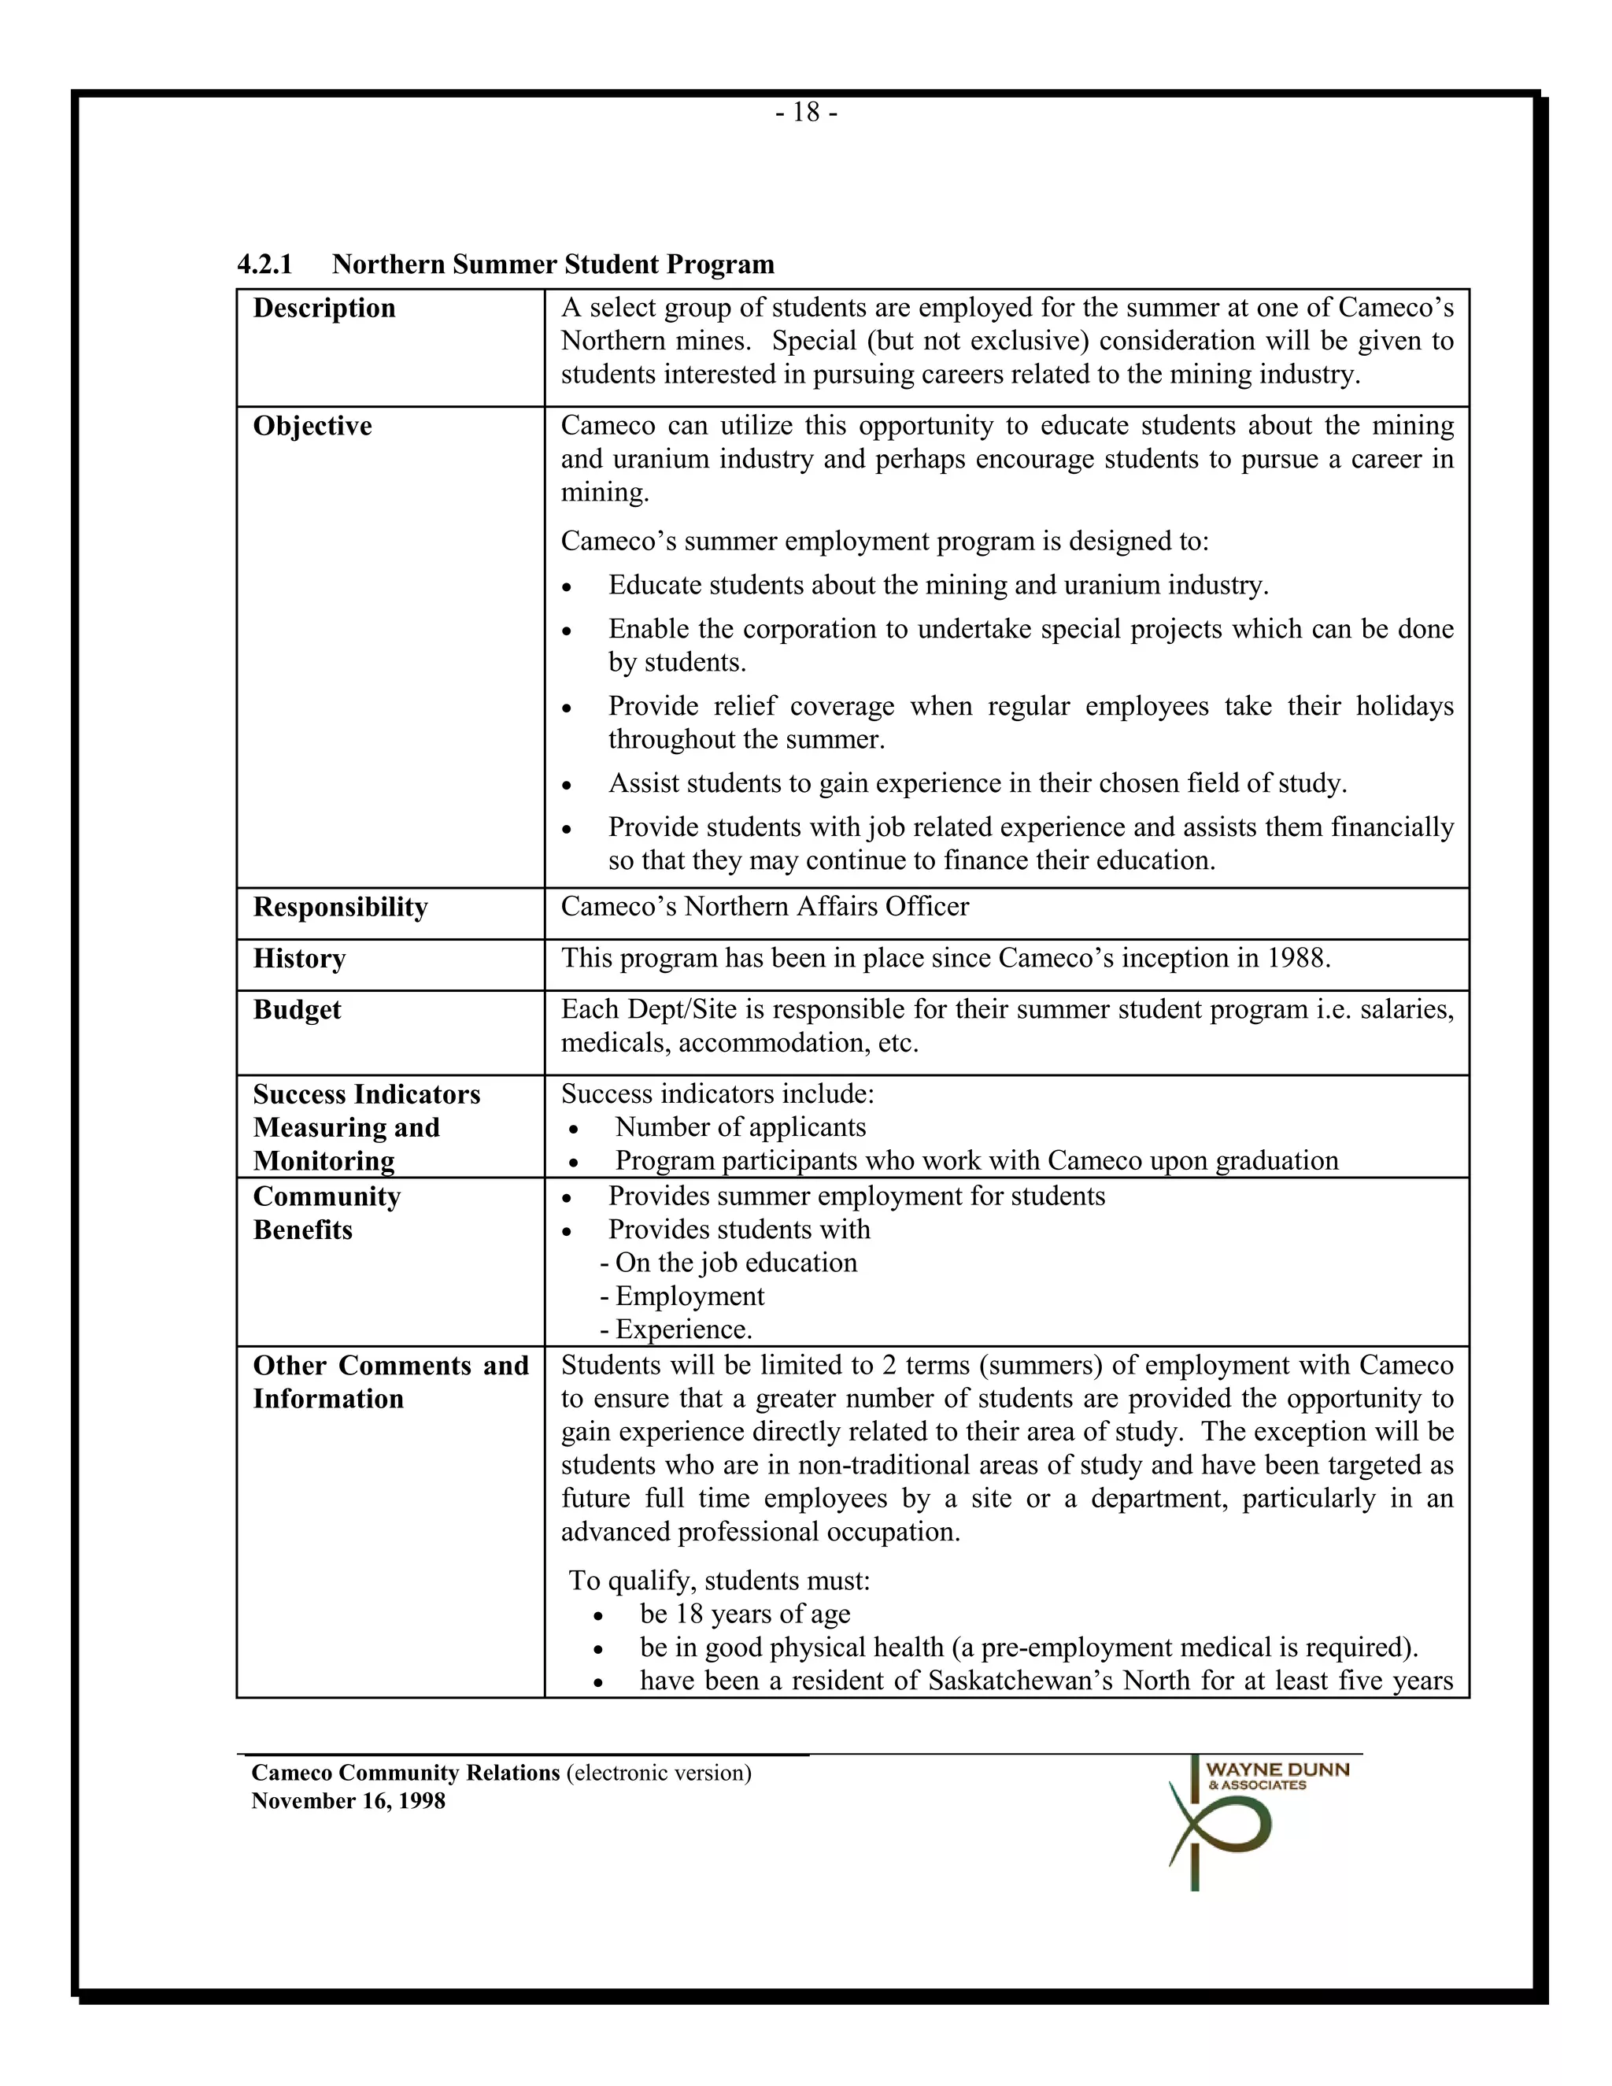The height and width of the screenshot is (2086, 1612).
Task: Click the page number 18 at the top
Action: tap(806, 113)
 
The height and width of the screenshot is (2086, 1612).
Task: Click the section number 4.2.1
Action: tap(264, 264)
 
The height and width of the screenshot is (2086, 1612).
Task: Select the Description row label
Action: tap(324, 309)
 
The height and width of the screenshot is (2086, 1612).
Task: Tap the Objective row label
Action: tap(312, 426)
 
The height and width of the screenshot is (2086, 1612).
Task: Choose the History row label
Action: tap(299, 958)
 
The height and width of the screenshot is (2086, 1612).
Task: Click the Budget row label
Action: tap(296, 1010)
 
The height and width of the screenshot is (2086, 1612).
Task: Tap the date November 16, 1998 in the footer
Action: tap(348, 1801)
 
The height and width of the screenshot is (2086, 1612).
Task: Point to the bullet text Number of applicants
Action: tap(740, 1127)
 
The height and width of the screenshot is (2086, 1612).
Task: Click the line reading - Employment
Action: tap(682, 1296)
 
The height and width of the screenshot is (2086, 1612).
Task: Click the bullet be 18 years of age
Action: tap(745, 1614)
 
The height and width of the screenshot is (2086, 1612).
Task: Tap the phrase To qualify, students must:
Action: tap(719, 1581)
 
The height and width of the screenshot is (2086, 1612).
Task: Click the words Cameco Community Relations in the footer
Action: tap(405, 1773)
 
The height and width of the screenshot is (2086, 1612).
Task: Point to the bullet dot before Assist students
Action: tap(568, 785)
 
